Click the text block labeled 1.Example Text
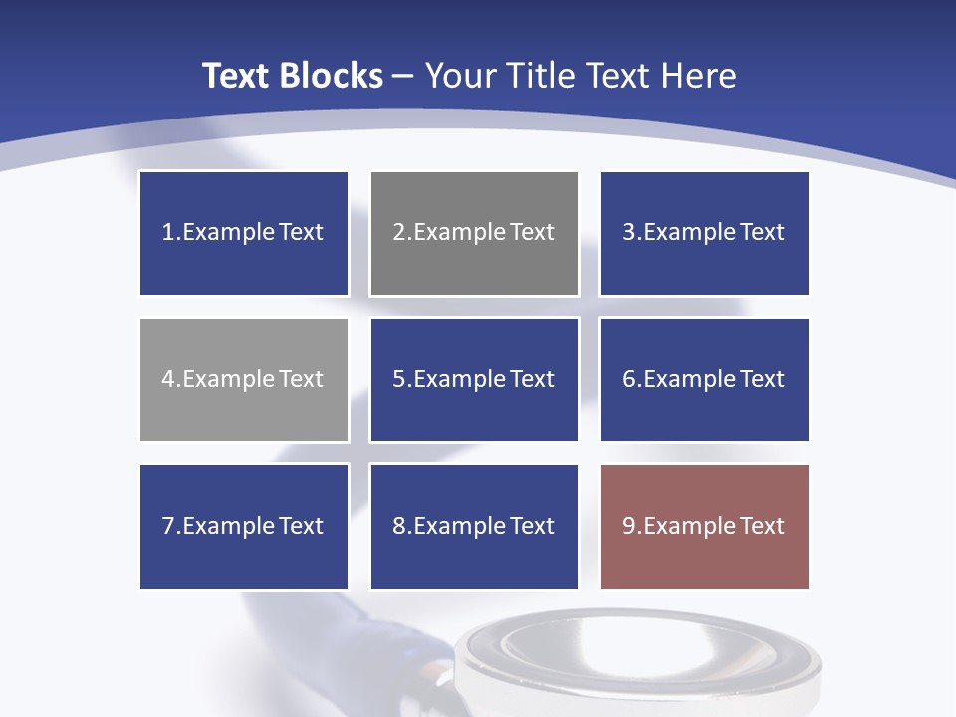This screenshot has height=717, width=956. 244,233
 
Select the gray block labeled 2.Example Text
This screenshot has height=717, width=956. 474,233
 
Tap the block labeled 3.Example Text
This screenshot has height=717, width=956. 704,233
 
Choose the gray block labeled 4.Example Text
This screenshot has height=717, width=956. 244,379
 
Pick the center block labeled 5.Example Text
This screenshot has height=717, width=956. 474,379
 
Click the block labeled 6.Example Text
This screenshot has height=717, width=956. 704,379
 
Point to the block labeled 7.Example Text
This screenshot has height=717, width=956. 244,526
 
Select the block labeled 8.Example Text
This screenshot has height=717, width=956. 474,526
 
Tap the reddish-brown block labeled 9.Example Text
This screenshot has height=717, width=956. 704,526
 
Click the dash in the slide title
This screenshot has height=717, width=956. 403,76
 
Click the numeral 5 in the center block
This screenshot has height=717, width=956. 398,379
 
